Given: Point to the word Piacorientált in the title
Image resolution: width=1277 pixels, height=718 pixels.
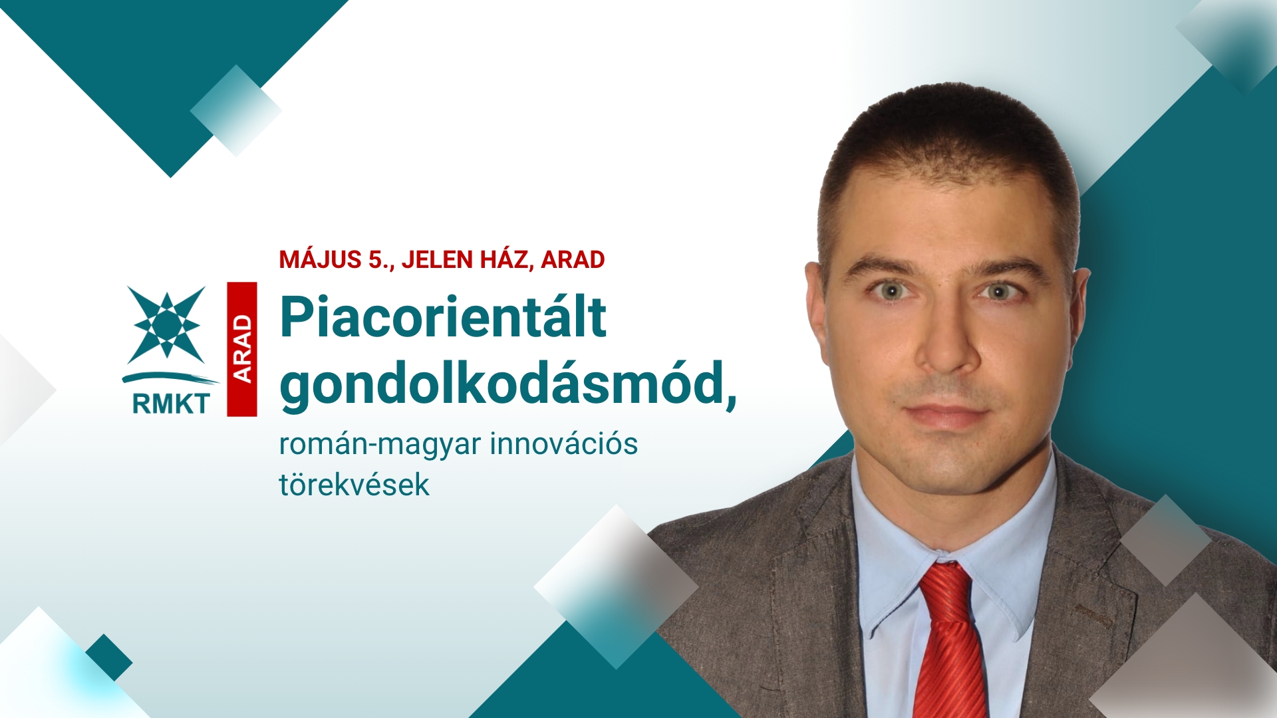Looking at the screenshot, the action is (x=443, y=317).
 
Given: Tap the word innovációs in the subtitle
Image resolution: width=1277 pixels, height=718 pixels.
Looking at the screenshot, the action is (x=564, y=443).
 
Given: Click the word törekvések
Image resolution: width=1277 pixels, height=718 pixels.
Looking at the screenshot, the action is (x=355, y=485).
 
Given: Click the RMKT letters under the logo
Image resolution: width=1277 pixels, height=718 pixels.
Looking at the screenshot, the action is (x=171, y=404).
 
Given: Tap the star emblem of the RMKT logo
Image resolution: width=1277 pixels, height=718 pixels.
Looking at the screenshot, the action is (x=166, y=324).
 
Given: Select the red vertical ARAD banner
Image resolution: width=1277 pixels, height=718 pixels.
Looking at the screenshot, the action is (x=242, y=349).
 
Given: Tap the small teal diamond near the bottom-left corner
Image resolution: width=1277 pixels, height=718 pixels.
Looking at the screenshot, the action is (x=109, y=657).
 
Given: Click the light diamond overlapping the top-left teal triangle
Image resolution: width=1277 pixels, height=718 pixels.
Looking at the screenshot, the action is (x=235, y=110).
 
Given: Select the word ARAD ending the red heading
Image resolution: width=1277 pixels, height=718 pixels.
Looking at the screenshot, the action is (x=573, y=260).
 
